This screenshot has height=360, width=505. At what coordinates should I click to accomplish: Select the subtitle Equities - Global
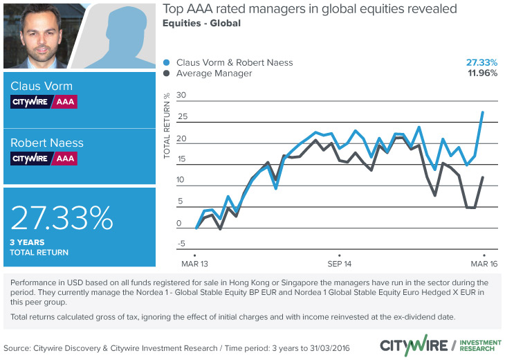click(x=201, y=24)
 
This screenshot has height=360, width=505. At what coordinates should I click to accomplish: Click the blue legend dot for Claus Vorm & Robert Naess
click(x=167, y=62)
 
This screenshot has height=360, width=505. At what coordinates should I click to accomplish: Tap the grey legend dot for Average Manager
click(x=167, y=73)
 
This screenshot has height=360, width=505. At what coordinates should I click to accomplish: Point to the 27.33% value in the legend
click(x=481, y=62)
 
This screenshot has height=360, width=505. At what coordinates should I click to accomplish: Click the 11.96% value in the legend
click(x=481, y=73)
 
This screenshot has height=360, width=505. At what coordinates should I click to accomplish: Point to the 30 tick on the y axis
click(x=182, y=96)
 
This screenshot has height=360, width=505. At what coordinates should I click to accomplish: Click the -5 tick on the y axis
click(x=182, y=244)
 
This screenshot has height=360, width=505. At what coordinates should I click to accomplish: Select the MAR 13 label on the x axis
click(x=196, y=264)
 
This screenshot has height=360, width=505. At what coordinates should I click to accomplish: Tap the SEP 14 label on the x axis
click(x=339, y=264)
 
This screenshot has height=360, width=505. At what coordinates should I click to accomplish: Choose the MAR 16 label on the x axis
click(x=484, y=264)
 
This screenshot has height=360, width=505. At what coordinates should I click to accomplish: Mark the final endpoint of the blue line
click(x=482, y=112)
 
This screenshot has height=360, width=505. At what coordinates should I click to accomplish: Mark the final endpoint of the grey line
click(x=482, y=178)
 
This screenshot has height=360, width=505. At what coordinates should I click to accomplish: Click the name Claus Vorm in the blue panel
click(x=41, y=87)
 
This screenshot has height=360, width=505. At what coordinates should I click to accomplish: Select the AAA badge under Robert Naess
click(x=66, y=159)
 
